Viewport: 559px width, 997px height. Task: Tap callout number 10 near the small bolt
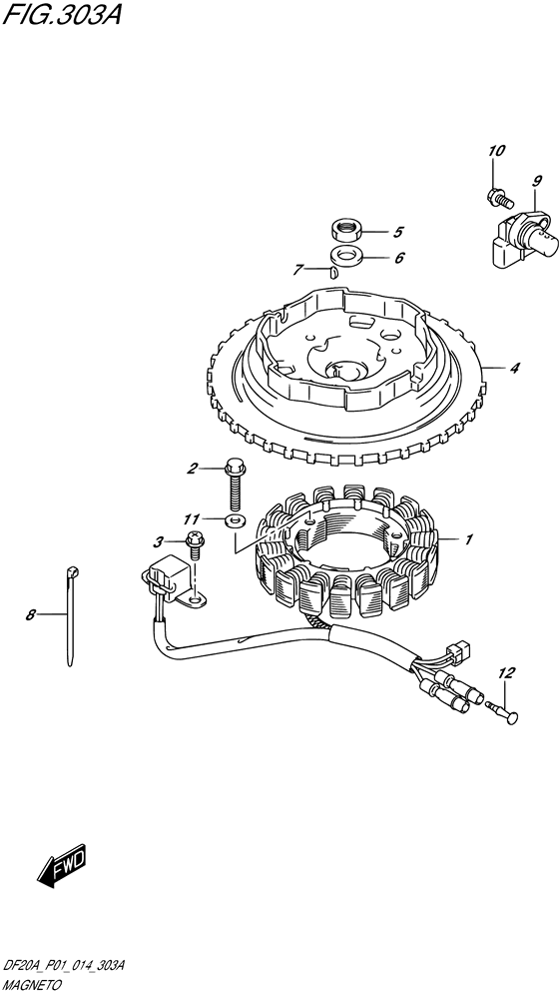click(496, 151)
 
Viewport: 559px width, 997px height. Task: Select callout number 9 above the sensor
click(537, 181)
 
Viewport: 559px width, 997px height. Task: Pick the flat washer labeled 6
click(346, 256)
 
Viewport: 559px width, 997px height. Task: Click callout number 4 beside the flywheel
click(515, 369)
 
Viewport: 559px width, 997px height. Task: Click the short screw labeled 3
click(195, 545)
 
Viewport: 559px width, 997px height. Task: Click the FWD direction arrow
click(61, 867)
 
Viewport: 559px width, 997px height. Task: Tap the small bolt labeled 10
click(500, 197)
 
